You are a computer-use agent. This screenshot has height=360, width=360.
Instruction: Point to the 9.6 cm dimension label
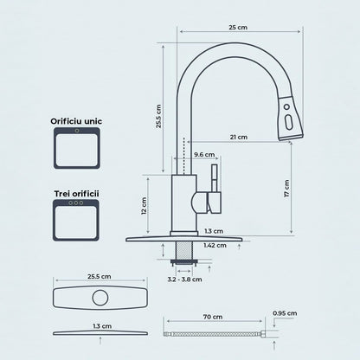coord(203,155)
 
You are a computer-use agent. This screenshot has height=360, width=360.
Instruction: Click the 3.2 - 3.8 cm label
coord(185,279)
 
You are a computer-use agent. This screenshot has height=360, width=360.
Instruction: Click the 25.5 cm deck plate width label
coord(100,276)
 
